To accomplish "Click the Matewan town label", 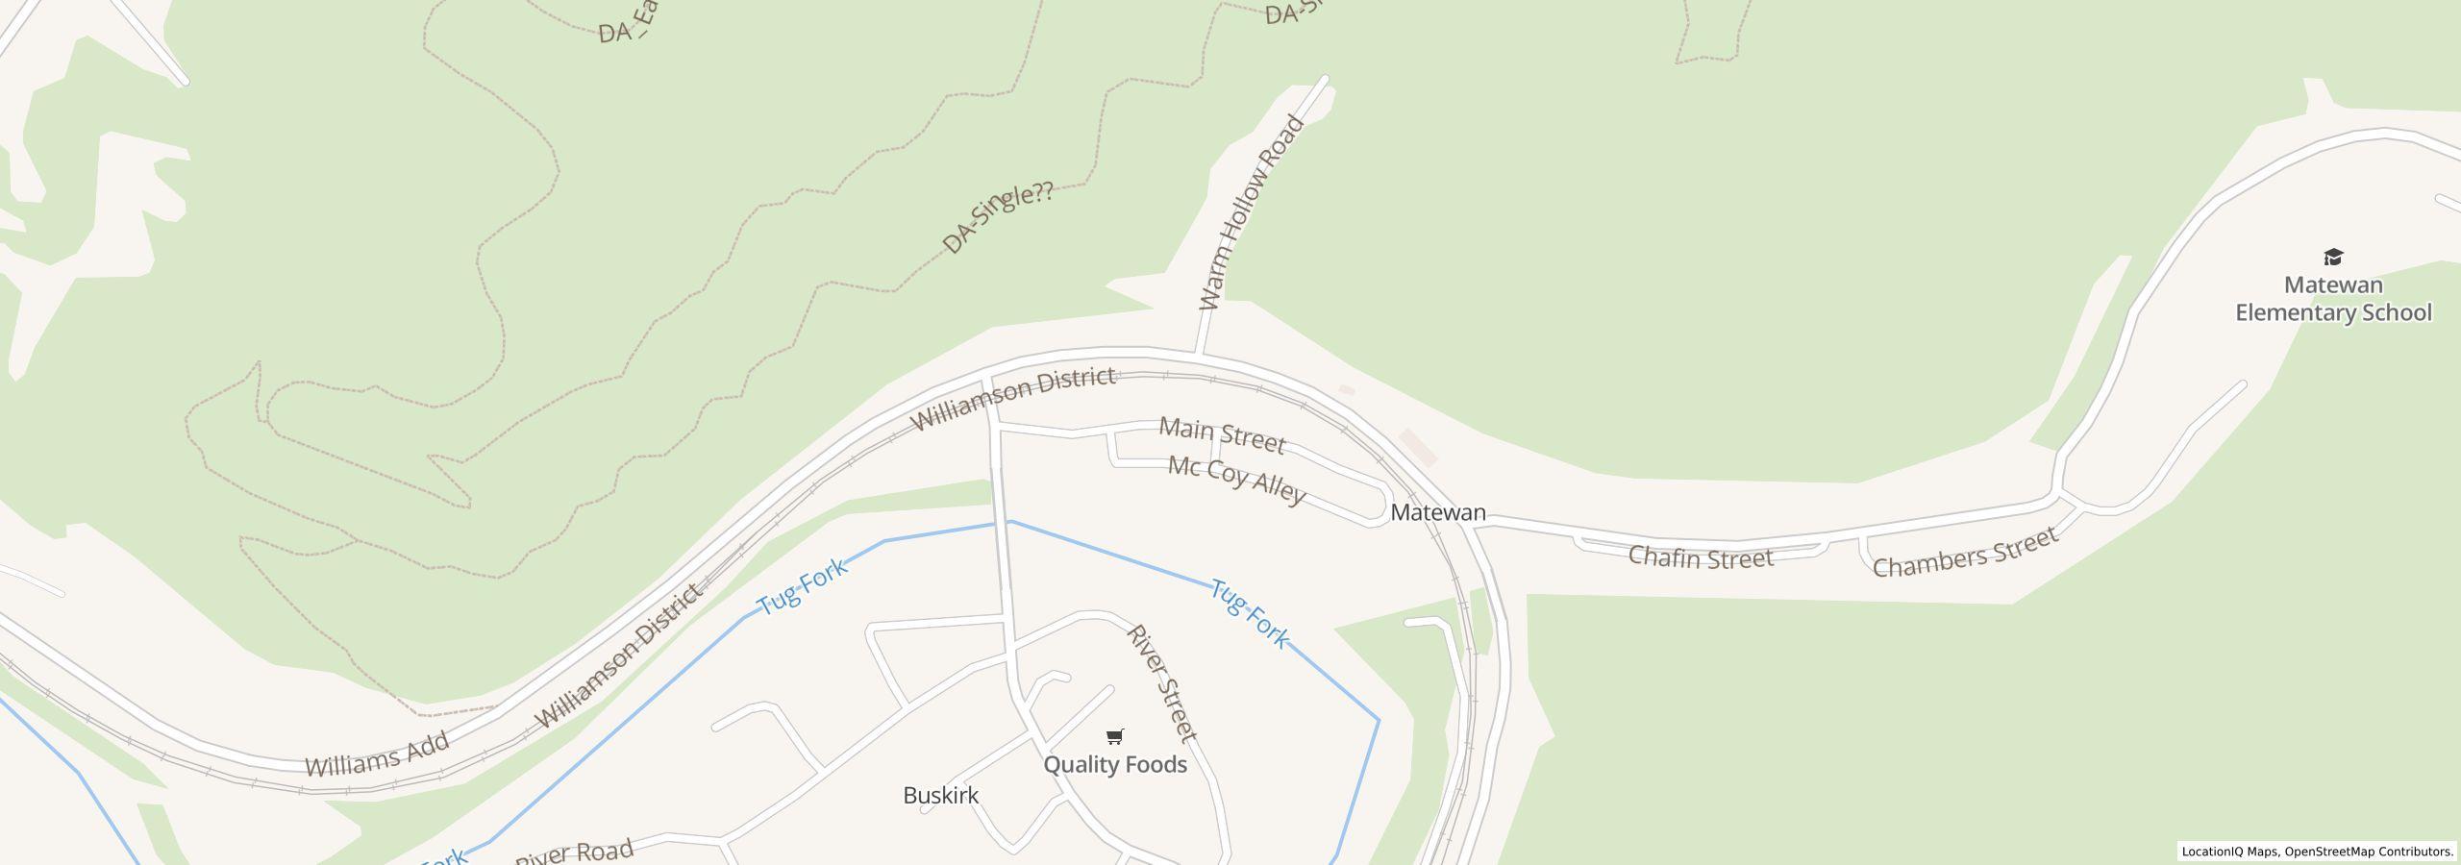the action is coord(1437,513).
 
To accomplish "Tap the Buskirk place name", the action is coord(940,796).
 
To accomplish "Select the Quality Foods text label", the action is coord(1115,765).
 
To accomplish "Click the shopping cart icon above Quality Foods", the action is coord(1114,737).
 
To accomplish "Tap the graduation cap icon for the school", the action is coord(2333,257).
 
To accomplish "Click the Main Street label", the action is coord(1222,435).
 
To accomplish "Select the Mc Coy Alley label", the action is coord(1236,480).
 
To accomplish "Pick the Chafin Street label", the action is coord(1700,558).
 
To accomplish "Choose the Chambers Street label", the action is coord(1965,553).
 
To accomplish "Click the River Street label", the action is coord(1162,682).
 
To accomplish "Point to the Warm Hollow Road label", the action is coord(1251,213).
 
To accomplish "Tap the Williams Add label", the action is coord(377,754).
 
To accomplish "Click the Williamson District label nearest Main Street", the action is coord(1012,398).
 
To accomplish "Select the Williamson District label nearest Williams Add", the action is coord(618,656).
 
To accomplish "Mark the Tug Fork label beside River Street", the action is coord(1249,613).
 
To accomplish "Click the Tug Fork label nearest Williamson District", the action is coord(803,586).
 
